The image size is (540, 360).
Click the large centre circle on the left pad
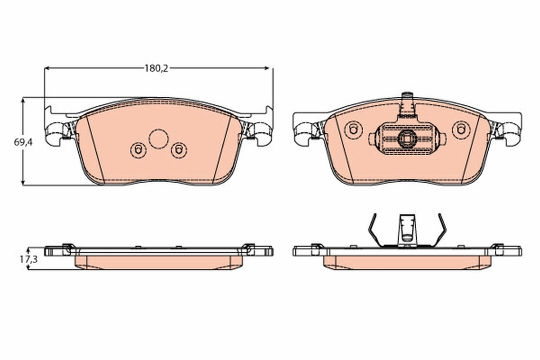(158, 139)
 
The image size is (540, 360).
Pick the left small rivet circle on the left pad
(138, 149)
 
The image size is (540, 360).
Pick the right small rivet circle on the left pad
(179, 149)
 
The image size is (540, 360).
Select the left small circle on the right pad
(353, 130)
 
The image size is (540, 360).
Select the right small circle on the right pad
(461, 130)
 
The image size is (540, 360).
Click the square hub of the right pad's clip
(407, 139)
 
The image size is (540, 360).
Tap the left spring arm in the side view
(373, 229)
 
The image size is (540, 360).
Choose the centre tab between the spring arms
(407, 229)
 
